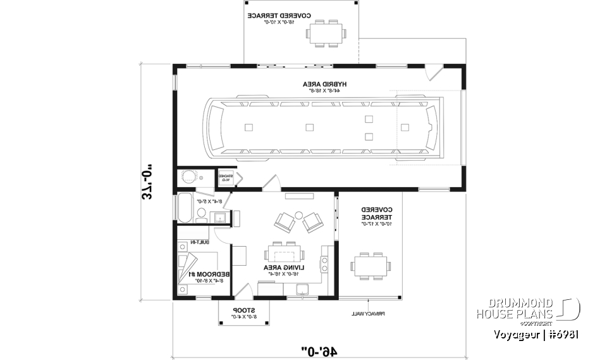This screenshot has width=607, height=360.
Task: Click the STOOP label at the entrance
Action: pos(244,311)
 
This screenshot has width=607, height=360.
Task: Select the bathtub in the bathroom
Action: pos(185,208)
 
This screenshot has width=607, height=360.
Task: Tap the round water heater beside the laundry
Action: pos(188,178)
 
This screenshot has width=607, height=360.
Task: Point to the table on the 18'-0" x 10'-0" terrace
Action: pos(326,32)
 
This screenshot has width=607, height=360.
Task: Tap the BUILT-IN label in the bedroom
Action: pos(197,242)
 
